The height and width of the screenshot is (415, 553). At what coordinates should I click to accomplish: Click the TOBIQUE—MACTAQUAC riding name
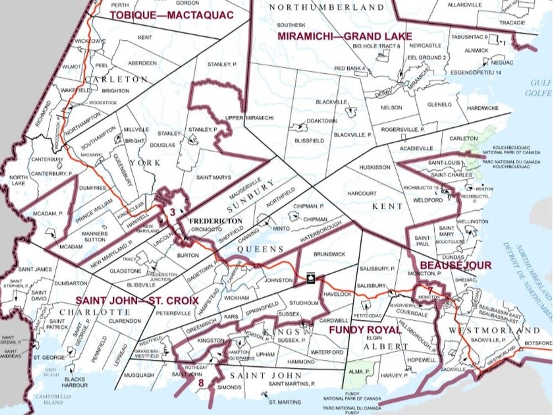[171, 15]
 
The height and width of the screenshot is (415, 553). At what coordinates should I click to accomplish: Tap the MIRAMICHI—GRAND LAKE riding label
[345, 37]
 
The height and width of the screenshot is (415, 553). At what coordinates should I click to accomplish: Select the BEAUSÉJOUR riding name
[456, 265]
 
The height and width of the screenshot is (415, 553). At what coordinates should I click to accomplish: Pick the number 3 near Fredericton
[173, 211]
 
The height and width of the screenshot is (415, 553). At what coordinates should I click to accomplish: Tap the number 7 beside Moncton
[429, 290]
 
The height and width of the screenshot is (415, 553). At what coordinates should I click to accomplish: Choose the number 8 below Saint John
[201, 382]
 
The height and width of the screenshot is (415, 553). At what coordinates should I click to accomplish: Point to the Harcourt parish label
[362, 194]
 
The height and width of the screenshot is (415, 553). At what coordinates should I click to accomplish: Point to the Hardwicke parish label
[483, 107]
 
